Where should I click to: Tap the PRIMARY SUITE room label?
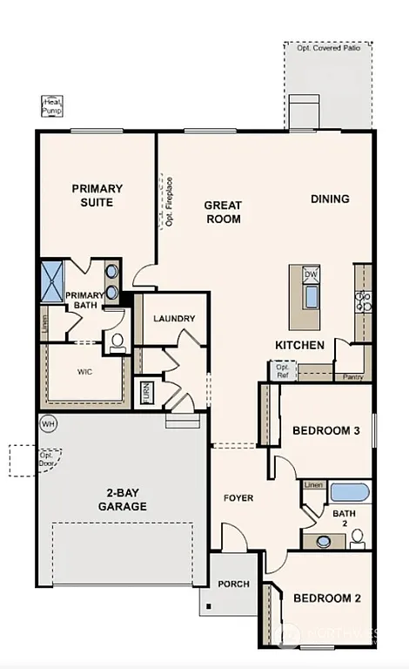pos(97,195)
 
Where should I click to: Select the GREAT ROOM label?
pos(223,213)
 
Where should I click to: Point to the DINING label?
pos(330,199)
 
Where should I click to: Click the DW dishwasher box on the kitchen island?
pos(311,275)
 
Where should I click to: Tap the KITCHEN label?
pos(300,345)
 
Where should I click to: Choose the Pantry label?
pos(352,377)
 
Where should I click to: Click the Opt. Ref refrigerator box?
pos(283,371)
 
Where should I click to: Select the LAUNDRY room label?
pos(174,319)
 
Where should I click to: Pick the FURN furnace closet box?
pos(147,392)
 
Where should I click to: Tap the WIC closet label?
pos(84,372)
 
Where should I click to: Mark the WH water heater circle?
pos(48,423)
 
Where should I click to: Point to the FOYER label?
pos(238,498)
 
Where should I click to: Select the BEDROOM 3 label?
pos(325,430)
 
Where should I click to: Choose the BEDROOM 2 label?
pos(326,598)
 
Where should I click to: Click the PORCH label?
pos(235,585)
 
